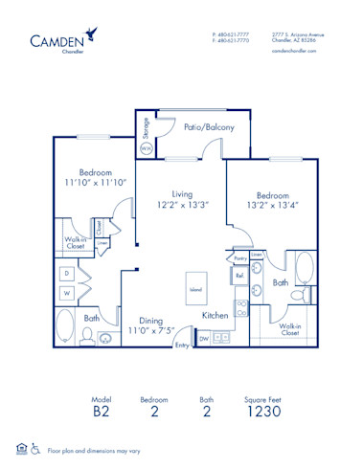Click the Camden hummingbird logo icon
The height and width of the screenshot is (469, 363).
click(x=90, y=33)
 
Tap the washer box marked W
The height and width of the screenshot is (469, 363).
click(x=67, y=292)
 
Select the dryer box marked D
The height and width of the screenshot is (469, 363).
click(x=67, y=274)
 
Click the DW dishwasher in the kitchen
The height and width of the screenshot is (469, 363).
click(x=204, y=338)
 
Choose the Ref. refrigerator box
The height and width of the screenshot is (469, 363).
click(x=238, y=276)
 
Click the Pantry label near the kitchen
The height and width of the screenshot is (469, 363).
click(x=239, y=258)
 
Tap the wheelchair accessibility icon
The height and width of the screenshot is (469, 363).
click(x=35, y=447)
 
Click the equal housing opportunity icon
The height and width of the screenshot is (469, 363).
click(x=21, y=447)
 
